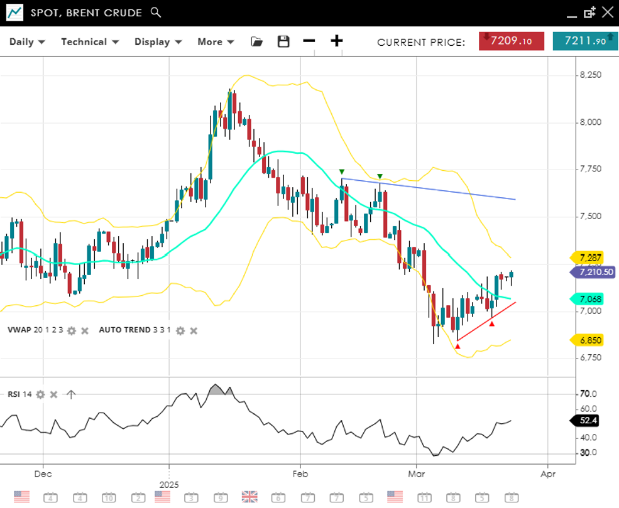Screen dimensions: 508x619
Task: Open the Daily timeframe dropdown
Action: (x=27, y=42)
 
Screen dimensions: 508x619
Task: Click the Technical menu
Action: (x=89, y=42)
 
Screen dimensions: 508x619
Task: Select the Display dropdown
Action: (x=158, y=42)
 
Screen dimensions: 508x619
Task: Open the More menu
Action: (x=216, y=42)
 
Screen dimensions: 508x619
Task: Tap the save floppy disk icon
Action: (x=283, y=41)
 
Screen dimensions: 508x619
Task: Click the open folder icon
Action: (x=256, y=41)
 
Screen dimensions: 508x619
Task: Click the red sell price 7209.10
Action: (x=511, y=41)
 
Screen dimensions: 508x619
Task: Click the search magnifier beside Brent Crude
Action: (x=156, y=13)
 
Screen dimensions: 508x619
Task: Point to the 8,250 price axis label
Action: (x=590, y=75)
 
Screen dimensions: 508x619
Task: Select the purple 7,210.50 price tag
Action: (x=592, y=272)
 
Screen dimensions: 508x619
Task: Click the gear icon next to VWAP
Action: (x=72, y=330)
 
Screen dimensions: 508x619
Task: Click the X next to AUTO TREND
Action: (x=194, y=330)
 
